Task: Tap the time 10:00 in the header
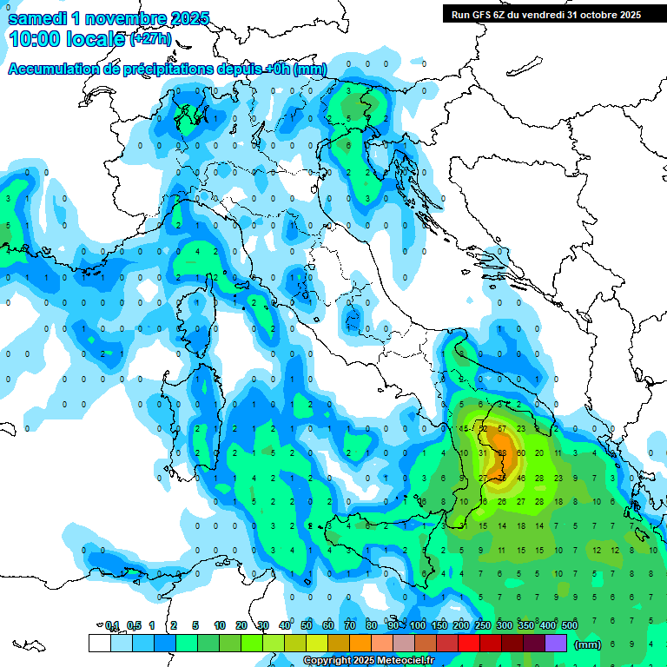point(40,39)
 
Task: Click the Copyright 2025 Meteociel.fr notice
point(368,660)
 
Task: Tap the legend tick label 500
point(570,625)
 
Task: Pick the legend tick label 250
point(483,625)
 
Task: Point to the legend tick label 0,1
point(112,625)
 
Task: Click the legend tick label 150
point(439,625)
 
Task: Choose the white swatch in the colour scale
point(99,643)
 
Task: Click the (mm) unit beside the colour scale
point(588,644)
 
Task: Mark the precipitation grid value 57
point(502,428)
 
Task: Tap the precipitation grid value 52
point(483,428)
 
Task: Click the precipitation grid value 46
point(521,478)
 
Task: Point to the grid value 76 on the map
point(502,478)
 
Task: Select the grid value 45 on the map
point(464,428)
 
